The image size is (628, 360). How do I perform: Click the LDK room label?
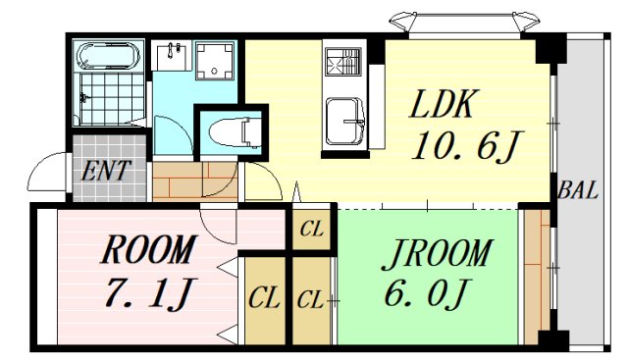[444, 104]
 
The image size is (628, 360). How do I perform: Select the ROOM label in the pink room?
[147, 251]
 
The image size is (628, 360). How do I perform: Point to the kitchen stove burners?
[344, 63]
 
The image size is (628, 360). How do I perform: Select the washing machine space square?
[214, 62]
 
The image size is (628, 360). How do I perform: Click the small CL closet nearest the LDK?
[312, 231]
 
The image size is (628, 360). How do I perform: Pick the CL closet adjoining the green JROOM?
[312, 297]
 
